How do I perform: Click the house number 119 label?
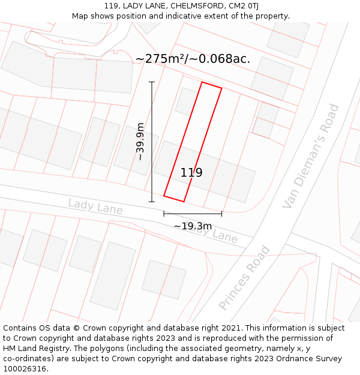(x=191, y=173)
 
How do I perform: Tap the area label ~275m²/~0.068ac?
(x=193, y=59)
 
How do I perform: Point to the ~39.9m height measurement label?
(x=140, y=142)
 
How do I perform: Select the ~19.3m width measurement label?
(x=193, y=226)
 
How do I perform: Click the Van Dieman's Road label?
(x=311, y=157)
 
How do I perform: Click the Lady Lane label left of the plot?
(x=95, y=207)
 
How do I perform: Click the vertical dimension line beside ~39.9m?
(x=152, y=142)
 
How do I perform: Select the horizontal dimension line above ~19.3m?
(x=193, y=213)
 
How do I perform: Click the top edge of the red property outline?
(x=211, y=85)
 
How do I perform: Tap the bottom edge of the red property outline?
(x=174, y=199)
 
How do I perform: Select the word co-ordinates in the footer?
(x=26, y=359)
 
